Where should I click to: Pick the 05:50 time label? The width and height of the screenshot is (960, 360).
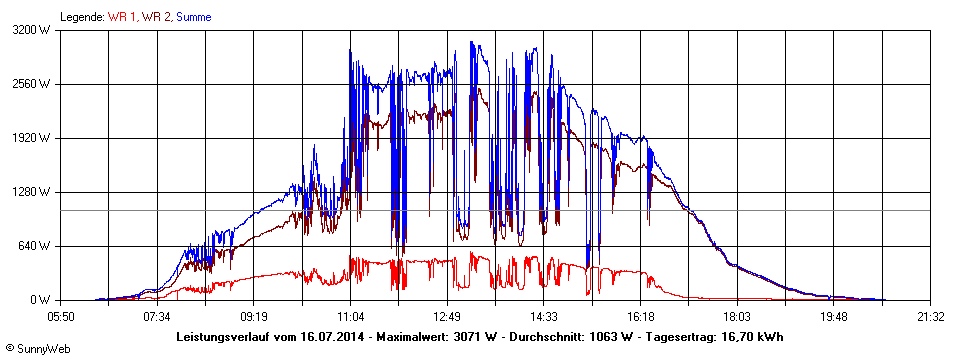[61, 317]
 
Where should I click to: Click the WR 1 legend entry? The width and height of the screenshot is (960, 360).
[124, 17]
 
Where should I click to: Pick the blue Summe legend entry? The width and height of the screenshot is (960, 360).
[194, 17]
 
